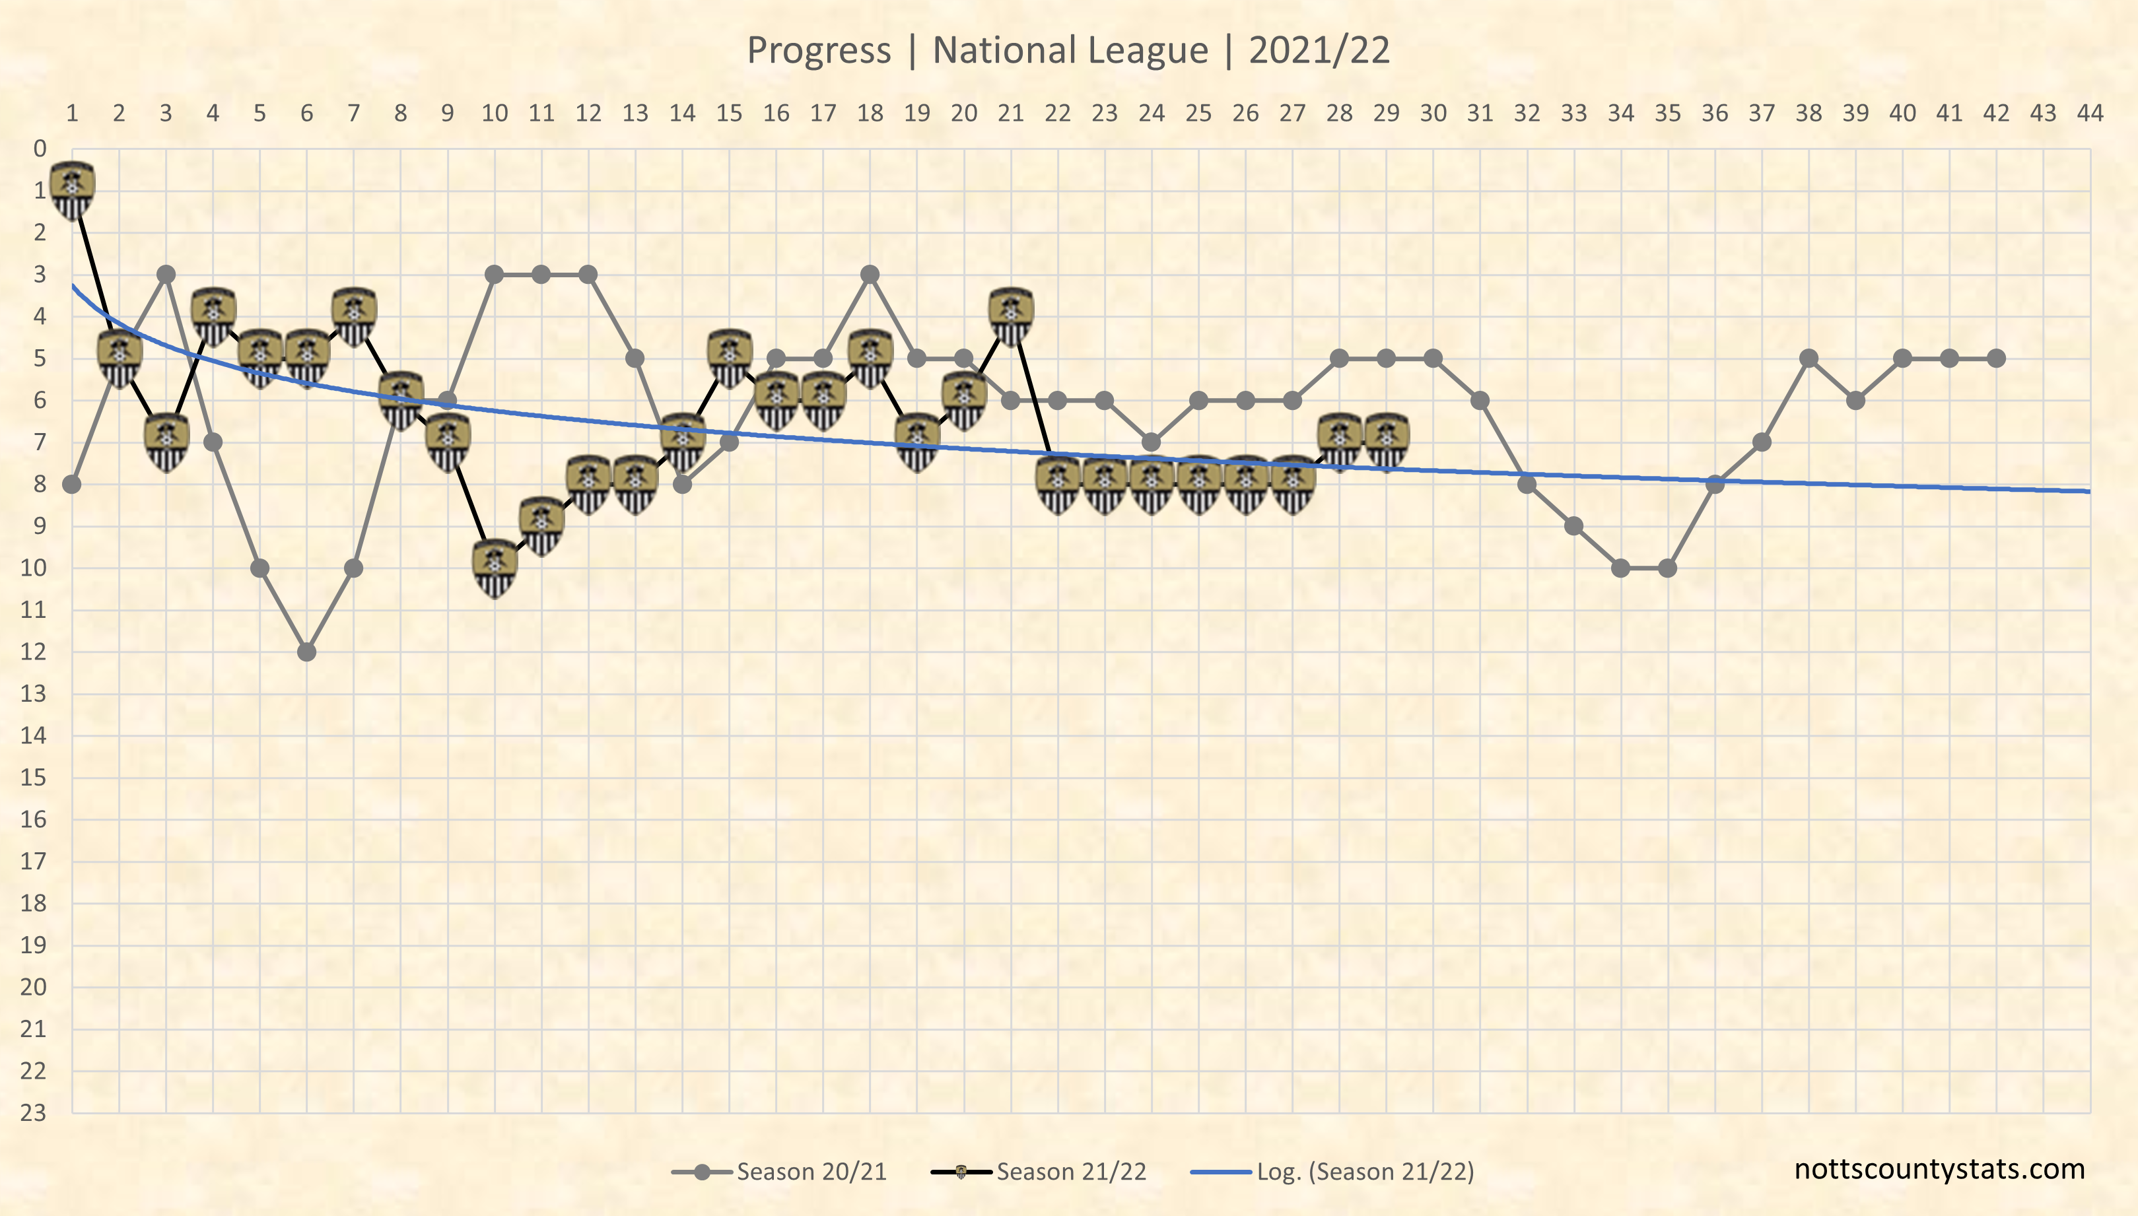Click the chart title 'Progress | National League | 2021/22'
point(1068,50)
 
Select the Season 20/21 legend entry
point(810,1172)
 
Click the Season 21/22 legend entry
point(1071,1172)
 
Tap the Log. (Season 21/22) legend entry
point(1365,1172)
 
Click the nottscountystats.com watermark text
point(1939,1169)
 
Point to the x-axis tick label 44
point(2090,113)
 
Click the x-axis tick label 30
point(1433,113)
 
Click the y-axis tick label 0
point(39,149)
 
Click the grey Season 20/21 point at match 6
point(307,652)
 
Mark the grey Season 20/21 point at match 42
point(1996,358)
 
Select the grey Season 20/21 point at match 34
point(1621,568)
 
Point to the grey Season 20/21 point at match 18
point(870,274)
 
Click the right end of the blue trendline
point(2088,491)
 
